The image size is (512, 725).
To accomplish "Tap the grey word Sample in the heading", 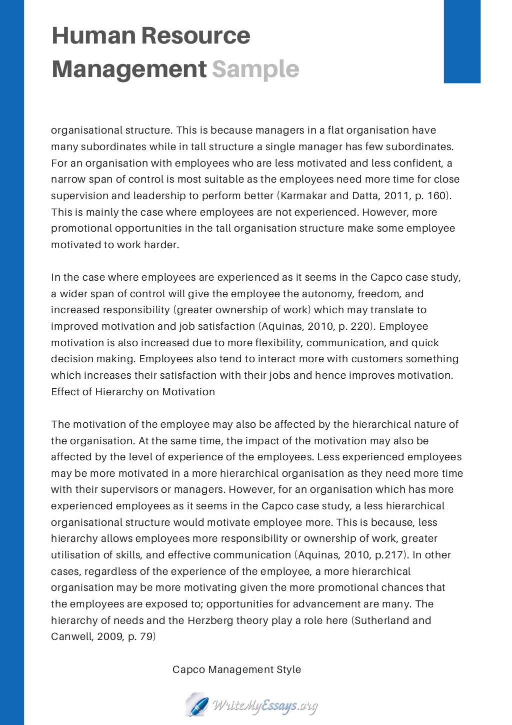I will [255, 69].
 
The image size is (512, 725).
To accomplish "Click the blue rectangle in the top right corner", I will [462, 41].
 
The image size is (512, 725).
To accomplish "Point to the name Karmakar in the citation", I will [303, 196].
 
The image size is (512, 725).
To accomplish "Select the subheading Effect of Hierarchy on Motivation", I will [133, 392].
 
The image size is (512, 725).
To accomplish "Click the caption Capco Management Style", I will [236, 669].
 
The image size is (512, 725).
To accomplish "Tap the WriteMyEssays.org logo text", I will [265, 706].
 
